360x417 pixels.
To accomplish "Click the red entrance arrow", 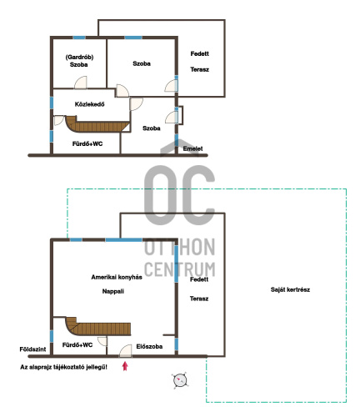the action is (125, 366).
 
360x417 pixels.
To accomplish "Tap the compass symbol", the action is (180, 380).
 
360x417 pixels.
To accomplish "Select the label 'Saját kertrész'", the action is (290, 289).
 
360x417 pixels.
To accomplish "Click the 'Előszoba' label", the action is (149, 346).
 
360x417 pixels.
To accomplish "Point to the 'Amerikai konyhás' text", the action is (117, 277).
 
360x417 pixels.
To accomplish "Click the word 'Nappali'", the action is (113, 291).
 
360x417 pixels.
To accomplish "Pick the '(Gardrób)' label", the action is (79, 57).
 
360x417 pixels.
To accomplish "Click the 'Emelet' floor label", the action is (192, 148).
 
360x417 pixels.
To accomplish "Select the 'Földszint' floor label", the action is (32, 349).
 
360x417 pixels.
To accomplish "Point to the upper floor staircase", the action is (97, 125).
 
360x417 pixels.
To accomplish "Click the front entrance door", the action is (126, 351).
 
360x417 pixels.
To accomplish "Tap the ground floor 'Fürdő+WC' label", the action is (77, 345).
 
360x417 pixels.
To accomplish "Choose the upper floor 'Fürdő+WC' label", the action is (87, 143).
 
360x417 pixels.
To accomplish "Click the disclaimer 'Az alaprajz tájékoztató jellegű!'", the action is (63, 367).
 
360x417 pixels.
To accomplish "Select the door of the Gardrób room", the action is (81, 83).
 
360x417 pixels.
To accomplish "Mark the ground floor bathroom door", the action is (102, 341).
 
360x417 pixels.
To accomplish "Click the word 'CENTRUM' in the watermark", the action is (180, 269).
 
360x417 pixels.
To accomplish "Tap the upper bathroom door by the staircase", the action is (59, 120).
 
